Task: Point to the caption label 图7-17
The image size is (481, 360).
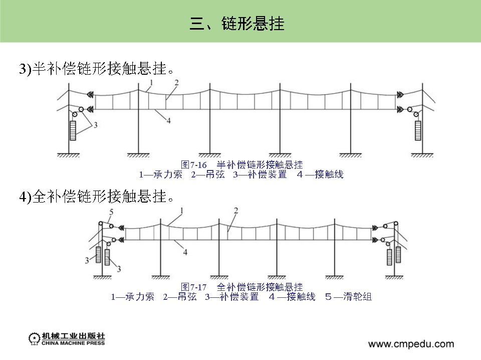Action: click(x=194, y=287)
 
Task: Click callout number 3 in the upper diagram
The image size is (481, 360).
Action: click(x=95, y=124)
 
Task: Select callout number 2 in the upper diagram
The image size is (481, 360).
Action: click(x=176, y=82)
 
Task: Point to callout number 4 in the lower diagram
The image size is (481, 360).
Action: click(x=185, y=252)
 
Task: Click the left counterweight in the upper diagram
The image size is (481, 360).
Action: click(x=74, y=130)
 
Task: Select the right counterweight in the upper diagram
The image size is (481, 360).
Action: click(x=417, y=130)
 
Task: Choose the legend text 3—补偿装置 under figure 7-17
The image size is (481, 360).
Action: click(x=231, y=297)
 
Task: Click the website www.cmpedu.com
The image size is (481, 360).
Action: click(x=411, y=344)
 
